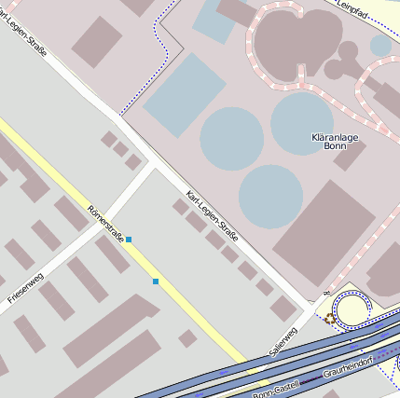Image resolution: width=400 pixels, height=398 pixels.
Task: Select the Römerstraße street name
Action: click(104, 220)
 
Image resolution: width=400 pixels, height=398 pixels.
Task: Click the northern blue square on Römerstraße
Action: click(129, 240)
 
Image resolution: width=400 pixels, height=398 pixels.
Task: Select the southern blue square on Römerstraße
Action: click(156, 281)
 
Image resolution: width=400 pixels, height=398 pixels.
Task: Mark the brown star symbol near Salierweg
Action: click(329, 319)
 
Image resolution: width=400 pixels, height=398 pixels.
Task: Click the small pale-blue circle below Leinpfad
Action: click(380, 45)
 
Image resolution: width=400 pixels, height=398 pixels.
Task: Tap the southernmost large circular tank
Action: click(270, 197)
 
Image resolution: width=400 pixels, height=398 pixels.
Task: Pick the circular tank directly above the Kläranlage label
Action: click(302, 122)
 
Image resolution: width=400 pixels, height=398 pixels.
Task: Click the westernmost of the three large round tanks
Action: click(232, 138)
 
